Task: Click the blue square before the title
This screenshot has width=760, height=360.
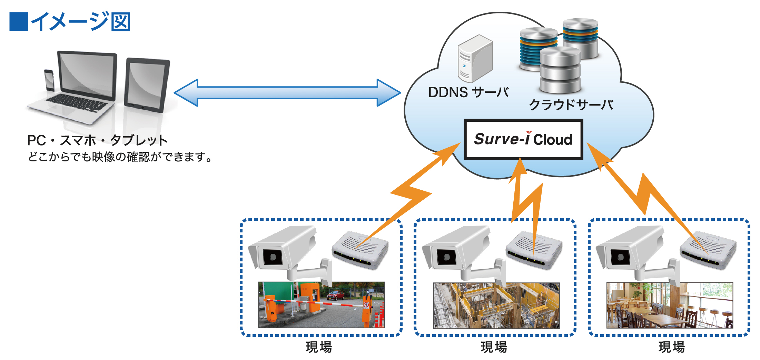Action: (19, 21)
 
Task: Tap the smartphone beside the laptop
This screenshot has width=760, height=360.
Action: (49, 80)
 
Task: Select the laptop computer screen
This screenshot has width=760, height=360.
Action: (87, 76)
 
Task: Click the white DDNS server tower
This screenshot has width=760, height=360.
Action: (475, 59)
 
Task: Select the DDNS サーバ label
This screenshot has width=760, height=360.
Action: (468, 92)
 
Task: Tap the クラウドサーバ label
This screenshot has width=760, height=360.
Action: (571, 105)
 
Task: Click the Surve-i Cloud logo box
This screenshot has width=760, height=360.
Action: (523, 139)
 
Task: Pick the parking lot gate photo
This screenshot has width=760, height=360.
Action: (321, 305)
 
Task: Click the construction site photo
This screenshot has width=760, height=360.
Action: (496, 306)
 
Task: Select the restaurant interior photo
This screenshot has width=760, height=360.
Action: (670, 306)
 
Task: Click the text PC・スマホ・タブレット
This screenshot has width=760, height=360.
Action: (97, 140)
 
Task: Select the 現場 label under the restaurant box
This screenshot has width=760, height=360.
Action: (671, 347)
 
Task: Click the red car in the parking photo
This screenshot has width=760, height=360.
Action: (335, 296)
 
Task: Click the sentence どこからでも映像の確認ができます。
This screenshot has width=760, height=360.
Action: (120, 157)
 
